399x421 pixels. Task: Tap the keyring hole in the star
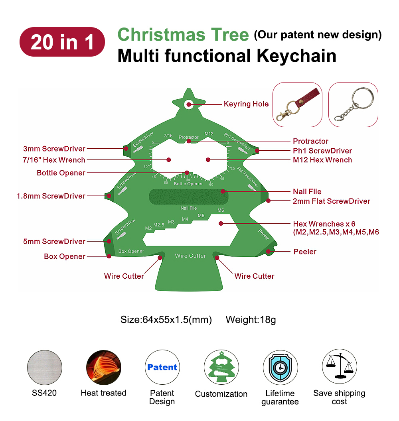tap(188, 104)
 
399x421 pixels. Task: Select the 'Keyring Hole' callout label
tap(246, 104)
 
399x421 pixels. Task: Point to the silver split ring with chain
tap(353, 104)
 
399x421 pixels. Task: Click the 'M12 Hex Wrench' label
tap(322, 160)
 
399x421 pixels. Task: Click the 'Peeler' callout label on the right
tap(305, 252)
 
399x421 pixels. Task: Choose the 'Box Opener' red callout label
tap(65, 256)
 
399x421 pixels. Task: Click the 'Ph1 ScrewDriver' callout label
tap(322, 151)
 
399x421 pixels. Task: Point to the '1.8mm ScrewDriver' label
tap(51, 196)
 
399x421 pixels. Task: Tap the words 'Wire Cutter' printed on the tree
tap(190, 256)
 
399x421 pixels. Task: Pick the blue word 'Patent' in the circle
tap(162, 367)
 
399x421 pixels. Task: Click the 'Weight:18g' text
tap(251, 319)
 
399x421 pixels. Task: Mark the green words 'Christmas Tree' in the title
tap(183, 35)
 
